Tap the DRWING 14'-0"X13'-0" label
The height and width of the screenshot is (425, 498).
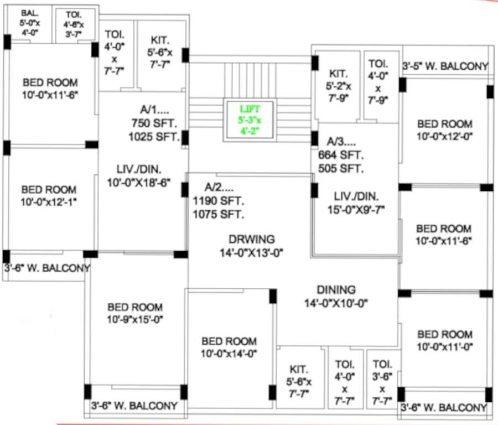point(251,246)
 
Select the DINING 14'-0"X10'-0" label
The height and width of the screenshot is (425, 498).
point(336,296)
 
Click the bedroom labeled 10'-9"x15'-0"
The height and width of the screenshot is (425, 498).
point(135,313)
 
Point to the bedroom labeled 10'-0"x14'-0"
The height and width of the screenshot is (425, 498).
point(229,348)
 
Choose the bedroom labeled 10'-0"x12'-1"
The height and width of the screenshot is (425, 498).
point(49,196)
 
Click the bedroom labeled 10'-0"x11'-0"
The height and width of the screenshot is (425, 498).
point(445,340)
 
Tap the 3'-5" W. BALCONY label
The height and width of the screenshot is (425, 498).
point(445,66)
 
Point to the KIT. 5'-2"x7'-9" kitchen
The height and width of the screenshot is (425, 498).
point(338,86)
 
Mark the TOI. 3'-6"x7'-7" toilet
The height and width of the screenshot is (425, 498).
point(382,382)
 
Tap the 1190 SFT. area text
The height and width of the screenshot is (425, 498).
point(219,201)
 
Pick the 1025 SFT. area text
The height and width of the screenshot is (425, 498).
point(154,136)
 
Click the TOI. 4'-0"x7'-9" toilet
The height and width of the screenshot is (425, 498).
point(378,81)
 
